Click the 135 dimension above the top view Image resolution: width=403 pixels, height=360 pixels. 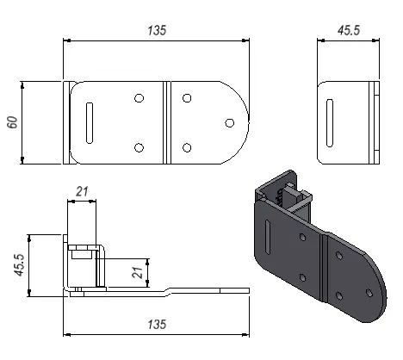(x=157, y=30)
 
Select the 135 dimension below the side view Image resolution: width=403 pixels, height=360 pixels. (x=157, y=325)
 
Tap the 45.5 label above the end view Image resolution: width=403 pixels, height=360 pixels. (x=349, y=30)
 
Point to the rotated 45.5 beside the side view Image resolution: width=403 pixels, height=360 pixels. (x=20, y=265)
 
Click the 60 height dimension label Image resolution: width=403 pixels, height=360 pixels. (x=13, y=122)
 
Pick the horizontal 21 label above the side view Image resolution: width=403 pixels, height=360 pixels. (x=82, y=191)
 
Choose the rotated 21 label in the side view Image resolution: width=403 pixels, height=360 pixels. (x=138, y=272)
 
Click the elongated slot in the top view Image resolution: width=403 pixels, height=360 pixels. (x=90, y=123)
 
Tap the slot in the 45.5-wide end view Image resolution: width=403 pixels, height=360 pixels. (x=330, y=123)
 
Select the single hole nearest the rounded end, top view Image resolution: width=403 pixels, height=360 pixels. (x=229, y=123)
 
